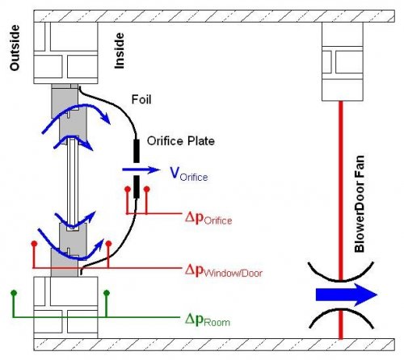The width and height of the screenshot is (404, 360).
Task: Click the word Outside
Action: pyautogui.click(x=15, y=48)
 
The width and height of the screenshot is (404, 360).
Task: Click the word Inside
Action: pyautogui.click(x=120, y=51)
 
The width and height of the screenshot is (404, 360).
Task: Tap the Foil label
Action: pyautogui.click(x=141, y=99)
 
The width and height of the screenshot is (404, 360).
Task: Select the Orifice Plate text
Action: pyautogui.click(x=181, y=141)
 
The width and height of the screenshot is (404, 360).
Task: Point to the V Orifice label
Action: pyautogui.click(x=189, y=174)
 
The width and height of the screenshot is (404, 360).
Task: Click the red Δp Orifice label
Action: pyautogui.click(x=208, y=219)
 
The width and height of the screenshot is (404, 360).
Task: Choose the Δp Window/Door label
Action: pyautogui.click(x=224, y=270)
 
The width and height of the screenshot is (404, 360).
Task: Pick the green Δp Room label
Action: pyautogui.click(x=208, y=320)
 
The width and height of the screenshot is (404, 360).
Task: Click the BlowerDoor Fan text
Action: pyautogui.click(x=360, y=204)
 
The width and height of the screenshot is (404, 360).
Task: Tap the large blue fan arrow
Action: pyautogui.click(x=347, y=295)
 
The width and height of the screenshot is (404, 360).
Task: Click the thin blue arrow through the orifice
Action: pyautogui.click(x=141, y=170)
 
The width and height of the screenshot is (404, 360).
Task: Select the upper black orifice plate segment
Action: pyautogui.click(x=137, y=151)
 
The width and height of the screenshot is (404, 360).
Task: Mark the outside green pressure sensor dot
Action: pyautogui.click(x=14, y=292)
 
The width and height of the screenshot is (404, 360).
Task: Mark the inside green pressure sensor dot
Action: pyautogui.click(x=107, y=292)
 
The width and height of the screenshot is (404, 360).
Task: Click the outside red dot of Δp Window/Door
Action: pyautogui.click(x=34, y=244)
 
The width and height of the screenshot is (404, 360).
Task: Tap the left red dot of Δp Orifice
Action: pyautogui.click(x=128, y=189)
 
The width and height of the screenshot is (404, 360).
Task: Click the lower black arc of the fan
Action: pyautogui.click(x=341, y=311)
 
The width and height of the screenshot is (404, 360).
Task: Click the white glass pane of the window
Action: pyautogui.click(x=73, y=182)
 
